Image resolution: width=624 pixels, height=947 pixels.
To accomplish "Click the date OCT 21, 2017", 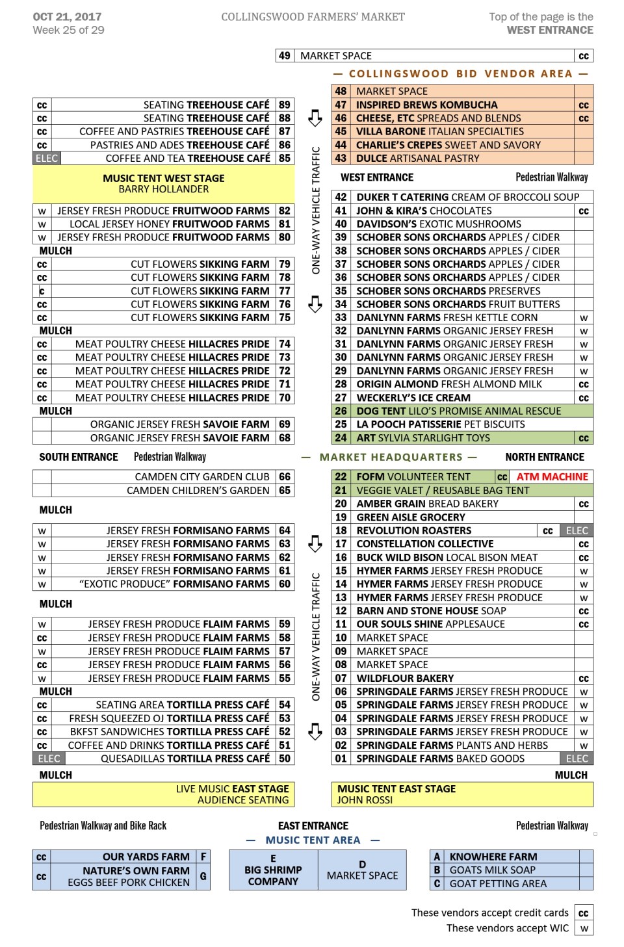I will tap(67, 17).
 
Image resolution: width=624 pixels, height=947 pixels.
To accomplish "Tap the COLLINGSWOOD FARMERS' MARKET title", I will tap(313, 17).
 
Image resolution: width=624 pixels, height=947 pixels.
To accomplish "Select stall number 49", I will tap(285, 56).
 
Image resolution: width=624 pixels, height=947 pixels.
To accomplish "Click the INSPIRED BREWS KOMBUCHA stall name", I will tap(426, 105).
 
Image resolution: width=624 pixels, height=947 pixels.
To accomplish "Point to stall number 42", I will tap(341, 197).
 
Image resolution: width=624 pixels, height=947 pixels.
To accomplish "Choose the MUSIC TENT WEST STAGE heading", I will tap(163, 178).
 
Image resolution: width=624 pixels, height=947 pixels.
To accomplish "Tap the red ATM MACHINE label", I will tap(552, 476).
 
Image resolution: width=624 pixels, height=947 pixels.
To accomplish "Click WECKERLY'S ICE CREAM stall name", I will tap(413, 398).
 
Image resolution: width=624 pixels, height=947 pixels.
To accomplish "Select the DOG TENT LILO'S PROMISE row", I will tap(458, 411).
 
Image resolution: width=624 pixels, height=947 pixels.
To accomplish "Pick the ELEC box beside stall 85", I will tap(47, 158).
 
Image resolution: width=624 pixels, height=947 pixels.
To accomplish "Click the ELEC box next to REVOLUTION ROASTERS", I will tap(577, 530).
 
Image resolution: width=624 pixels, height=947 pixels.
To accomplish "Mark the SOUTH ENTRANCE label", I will tap(79, 457).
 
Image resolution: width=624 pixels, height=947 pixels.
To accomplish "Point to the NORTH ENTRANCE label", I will tap(545, 457).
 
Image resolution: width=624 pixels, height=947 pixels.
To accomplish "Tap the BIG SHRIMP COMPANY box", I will tap(273, 870).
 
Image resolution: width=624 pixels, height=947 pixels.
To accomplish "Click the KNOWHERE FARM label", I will tap(493, 857).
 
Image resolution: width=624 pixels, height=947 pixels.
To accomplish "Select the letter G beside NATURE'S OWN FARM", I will tap(203, 876).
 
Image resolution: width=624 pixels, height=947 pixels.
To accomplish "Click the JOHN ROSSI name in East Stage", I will tap(365, 800).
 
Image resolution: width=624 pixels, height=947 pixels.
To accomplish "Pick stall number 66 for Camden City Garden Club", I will tap(285, 476).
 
